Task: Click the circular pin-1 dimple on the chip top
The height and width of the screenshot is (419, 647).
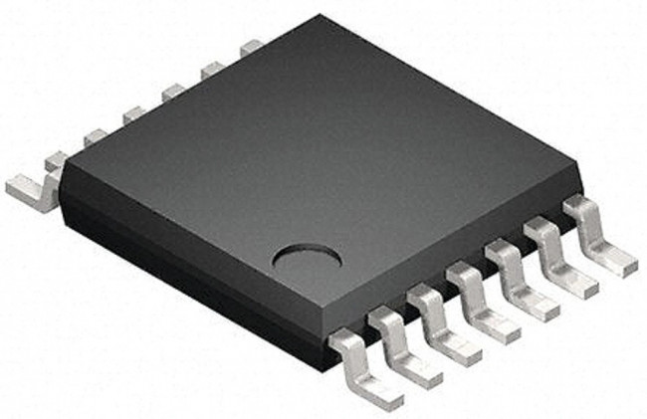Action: (x=308, y=259)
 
